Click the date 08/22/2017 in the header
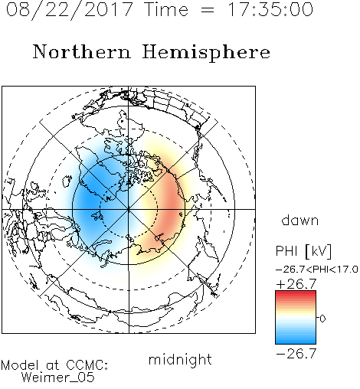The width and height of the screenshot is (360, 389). tap(69, 10)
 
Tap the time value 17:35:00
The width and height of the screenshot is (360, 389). tap(270, 9)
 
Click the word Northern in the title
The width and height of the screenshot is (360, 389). tap(82, 52)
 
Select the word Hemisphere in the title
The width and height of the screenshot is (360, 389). tap(206, 53)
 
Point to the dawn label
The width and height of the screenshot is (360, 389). tap(300, 220)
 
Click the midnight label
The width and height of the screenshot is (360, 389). tap(180, 359)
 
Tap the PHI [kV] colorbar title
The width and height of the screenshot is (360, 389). tap(303, 251)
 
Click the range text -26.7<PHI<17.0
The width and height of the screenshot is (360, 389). tap(317, 269)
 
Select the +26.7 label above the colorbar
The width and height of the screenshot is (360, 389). tap(296, 284)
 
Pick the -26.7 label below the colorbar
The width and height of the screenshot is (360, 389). tap(296, 354)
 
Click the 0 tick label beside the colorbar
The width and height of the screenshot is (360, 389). tap(322, 319)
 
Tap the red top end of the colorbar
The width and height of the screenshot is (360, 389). tap(296, 293)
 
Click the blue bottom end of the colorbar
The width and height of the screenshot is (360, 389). tap(296, 342)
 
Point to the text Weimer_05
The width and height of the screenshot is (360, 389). tap(58, 378)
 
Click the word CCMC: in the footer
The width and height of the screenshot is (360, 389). tap(87, 365)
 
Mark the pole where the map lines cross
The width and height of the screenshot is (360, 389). tap(129, 209)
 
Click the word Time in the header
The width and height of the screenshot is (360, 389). tap(166, 9)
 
